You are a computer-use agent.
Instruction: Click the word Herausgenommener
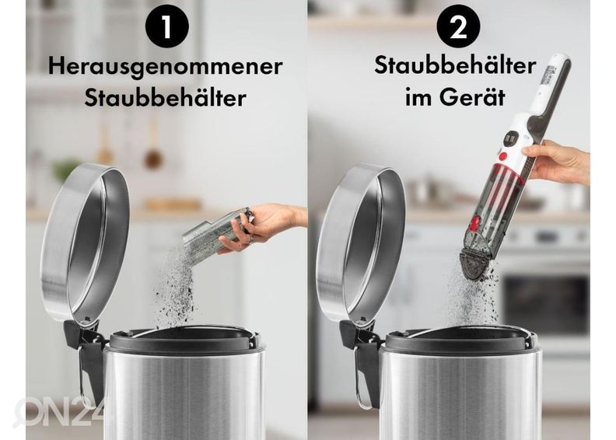coord(165,66)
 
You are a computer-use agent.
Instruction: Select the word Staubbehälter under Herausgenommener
coord(165,99)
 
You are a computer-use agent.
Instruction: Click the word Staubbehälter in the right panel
coord(455,65)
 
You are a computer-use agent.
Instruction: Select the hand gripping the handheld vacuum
coord(556,162)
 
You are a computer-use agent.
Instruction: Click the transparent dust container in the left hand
coord(214,236)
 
